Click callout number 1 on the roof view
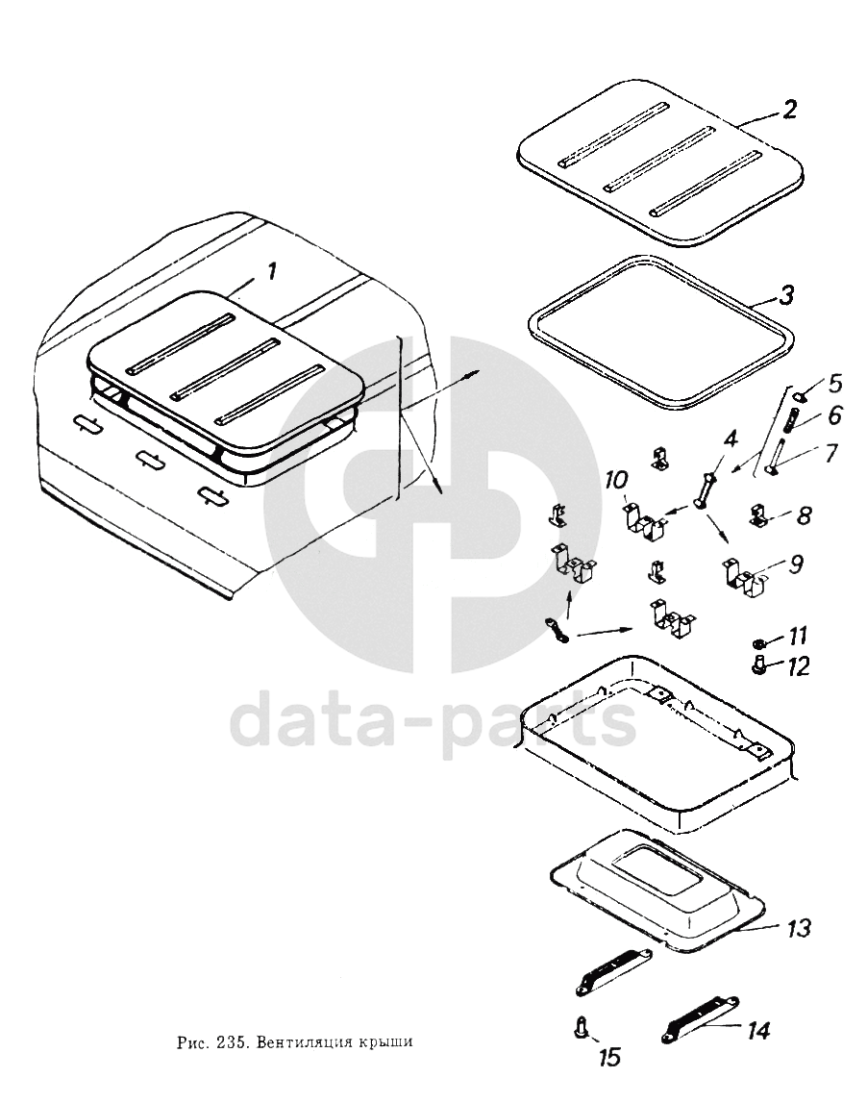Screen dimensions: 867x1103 coord(271,271)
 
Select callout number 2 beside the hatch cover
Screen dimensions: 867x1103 coord(789,110)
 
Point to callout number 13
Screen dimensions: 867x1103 coord(797,928)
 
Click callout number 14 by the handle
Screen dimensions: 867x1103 coord(758,1031)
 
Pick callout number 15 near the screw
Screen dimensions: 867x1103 coord(610,1057)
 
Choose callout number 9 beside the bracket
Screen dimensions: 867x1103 coord(795,564)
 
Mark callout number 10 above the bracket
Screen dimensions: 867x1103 coord(616,483)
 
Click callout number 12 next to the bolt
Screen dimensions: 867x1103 coord(798,665)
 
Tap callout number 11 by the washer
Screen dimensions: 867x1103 coord(797,637)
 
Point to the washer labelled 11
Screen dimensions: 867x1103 coord(758,642)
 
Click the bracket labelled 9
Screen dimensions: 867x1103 coord(745,572)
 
